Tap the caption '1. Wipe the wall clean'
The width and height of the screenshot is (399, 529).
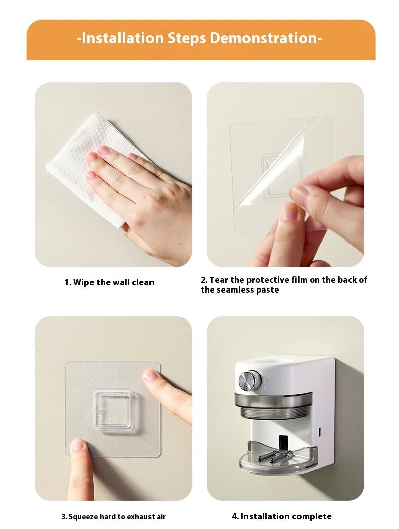tap(109, 282)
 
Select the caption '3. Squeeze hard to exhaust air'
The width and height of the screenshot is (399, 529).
tap(113, 516)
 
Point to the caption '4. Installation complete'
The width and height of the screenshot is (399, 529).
tap(282, 516)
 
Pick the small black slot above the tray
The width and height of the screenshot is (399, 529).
tap(284, 442)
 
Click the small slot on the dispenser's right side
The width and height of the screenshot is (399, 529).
tap(320, 433)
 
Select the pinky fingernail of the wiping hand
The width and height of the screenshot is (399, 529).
tap(91, 175)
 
